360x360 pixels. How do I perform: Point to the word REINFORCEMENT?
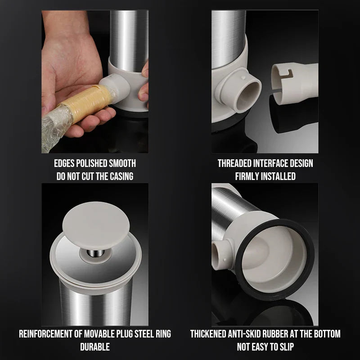point(45,334)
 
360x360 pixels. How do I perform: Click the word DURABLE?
point(95,346)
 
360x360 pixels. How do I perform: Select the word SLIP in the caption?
point(287,346)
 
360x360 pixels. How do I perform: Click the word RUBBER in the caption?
point(275,334)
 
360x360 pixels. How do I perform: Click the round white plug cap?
point(96,225)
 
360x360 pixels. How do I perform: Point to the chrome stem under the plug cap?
point(95,253)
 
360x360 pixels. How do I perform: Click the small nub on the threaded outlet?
point(243,78)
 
